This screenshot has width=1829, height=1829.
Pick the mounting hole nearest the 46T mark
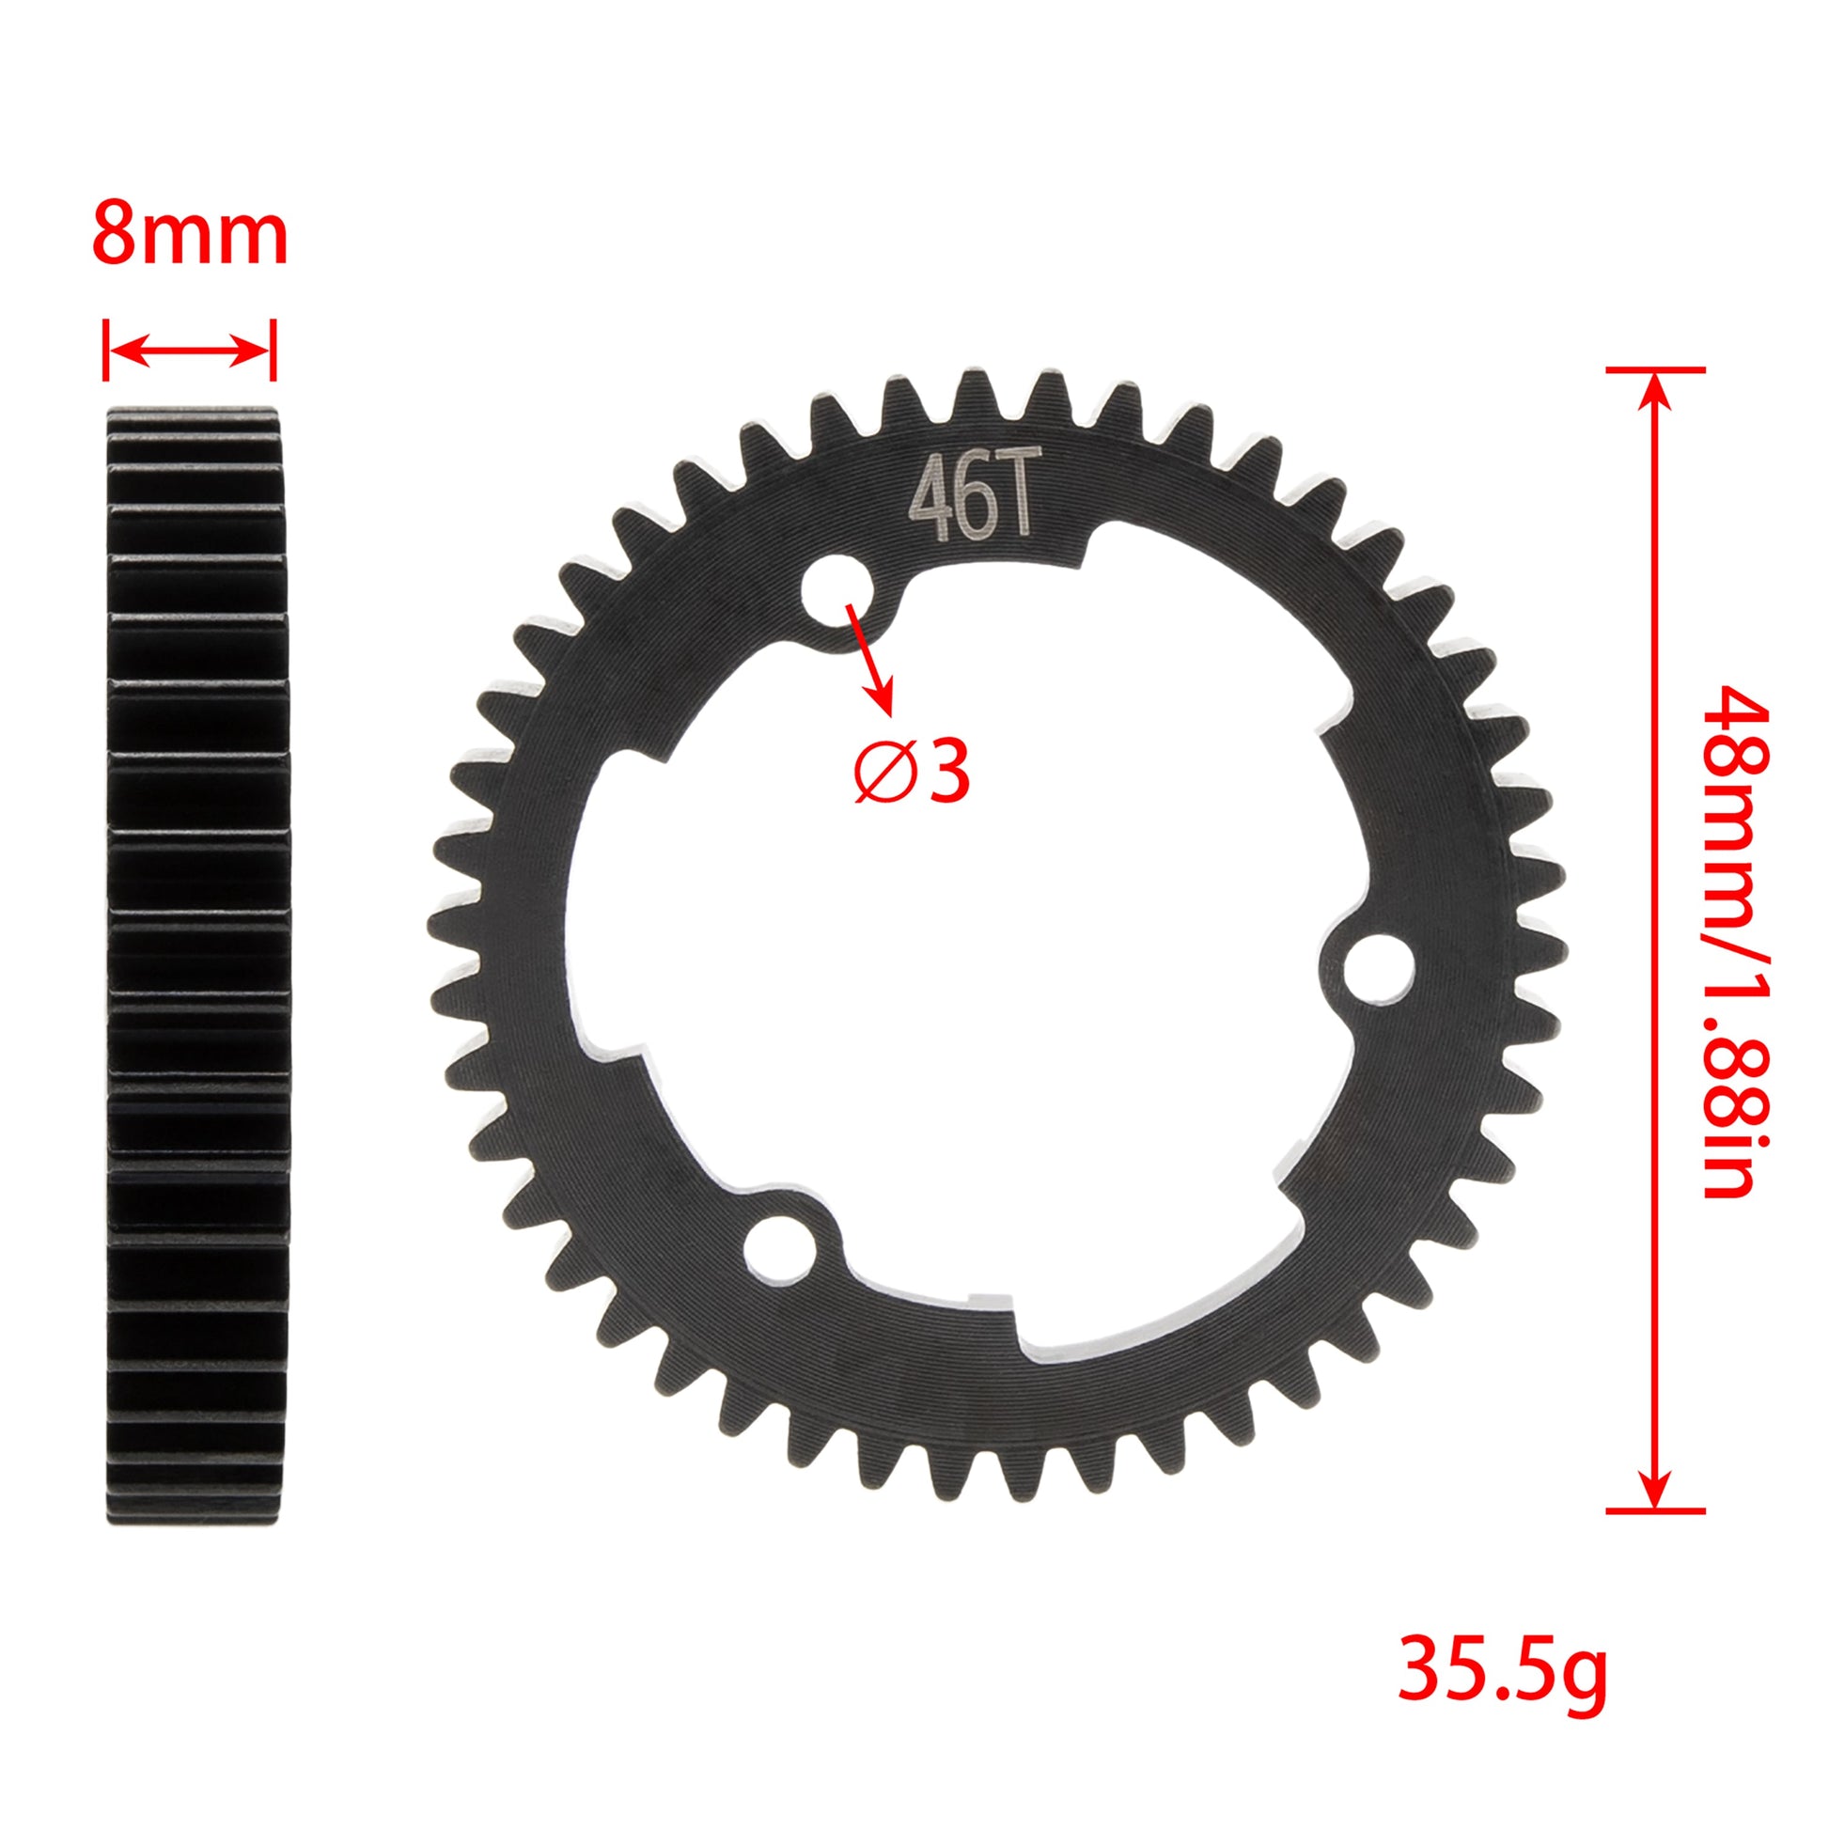835,592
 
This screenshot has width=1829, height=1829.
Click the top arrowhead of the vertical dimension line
1654,388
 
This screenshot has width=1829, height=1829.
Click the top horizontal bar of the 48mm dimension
1655,369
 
